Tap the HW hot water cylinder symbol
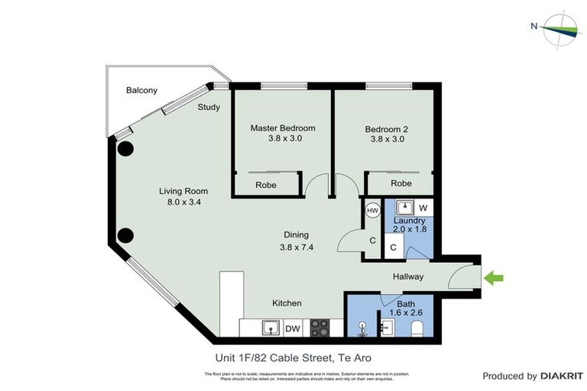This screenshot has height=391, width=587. (373, 210)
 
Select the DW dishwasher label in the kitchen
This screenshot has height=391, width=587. (293, 328)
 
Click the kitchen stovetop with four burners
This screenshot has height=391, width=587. (319, 328)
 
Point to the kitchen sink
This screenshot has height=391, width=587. (269, 328)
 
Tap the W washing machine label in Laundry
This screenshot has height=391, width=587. (423, 208)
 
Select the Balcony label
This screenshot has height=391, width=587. (141, 90)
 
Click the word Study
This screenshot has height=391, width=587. (209, 108)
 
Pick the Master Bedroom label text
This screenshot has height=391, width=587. (283, 128)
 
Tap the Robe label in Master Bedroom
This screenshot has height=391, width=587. (266, 184)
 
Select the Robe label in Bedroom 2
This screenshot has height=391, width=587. (401, 184)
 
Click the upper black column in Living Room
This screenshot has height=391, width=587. (125, 149)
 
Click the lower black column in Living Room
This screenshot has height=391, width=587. (125, 234)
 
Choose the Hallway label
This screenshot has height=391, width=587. (408, 276)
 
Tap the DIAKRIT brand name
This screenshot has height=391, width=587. (562, 376)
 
